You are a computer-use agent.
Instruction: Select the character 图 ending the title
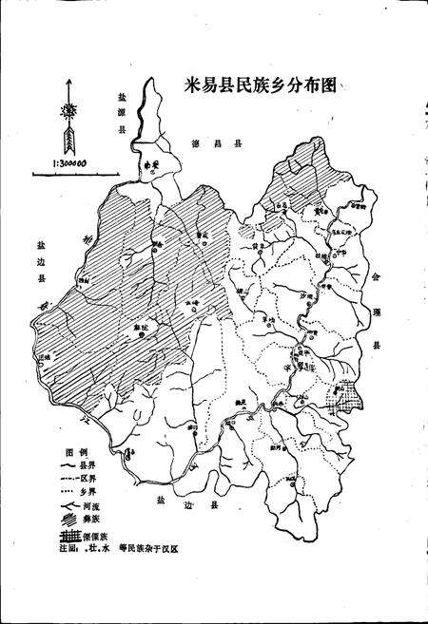point(330,85)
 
